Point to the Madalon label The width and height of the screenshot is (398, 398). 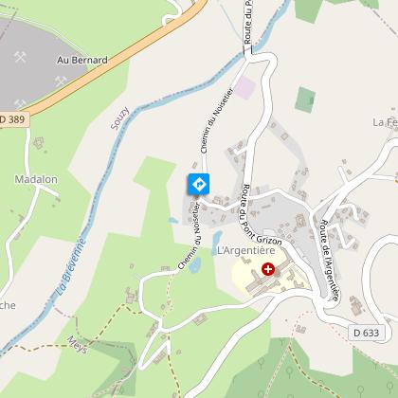click(37, 178)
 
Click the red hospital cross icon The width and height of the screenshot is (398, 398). click(268, 269)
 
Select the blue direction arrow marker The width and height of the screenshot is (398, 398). click(198, 183)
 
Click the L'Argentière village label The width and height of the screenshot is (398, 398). click(251, 250)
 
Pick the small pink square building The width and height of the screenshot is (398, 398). click(244, 87)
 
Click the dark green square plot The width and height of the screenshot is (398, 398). click(305, 98)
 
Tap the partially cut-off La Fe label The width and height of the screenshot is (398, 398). click(384, 122)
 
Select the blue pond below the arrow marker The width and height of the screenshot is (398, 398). click(194, 264)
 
